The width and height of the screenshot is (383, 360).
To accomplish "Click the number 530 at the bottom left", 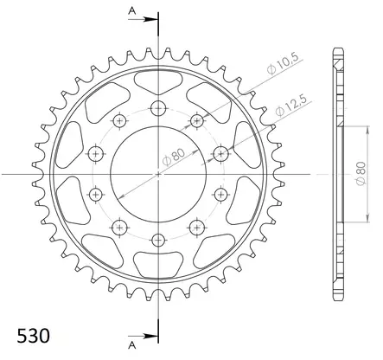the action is (33, 336).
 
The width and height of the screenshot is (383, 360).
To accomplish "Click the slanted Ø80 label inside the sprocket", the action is (174, 158).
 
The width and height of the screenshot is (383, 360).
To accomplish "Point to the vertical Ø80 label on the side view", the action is (361, 174).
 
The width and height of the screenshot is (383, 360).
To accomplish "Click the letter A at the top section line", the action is (132, 11).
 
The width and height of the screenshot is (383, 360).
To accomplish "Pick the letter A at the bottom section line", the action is (132, 345).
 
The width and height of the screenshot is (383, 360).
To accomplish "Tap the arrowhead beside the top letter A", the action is (150, 19).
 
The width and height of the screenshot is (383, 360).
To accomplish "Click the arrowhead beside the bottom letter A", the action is (150, 336).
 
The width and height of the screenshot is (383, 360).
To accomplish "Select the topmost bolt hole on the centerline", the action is (158, 108).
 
